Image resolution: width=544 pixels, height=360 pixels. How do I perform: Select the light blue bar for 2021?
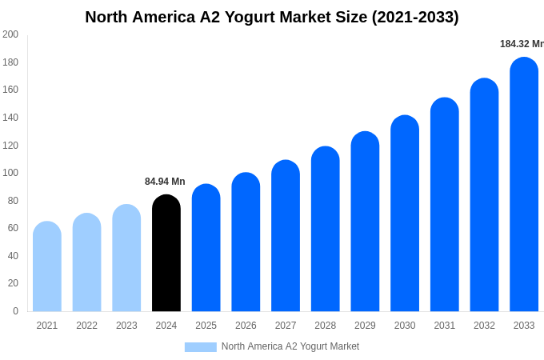[x=47, y=266]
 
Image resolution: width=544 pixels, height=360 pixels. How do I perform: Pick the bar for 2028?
[x=326, y=229]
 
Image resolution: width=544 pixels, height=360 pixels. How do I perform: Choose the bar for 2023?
[x=126, y=258]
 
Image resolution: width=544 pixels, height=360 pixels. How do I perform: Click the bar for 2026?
[x=246, y=242]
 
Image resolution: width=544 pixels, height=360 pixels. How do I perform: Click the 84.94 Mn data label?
[x=165, y=182]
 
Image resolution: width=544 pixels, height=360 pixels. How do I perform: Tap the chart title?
[x=272, y=17]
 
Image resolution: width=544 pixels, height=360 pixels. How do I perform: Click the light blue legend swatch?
[x=200, y=347]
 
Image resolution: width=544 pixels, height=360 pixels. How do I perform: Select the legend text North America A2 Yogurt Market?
[x=290, y=346]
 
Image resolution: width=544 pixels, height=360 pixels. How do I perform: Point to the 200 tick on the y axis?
[x=10, y=34]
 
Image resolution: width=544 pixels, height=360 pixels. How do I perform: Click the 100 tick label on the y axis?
[x=10, y=173]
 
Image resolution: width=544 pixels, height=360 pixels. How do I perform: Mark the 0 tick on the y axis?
[x=15, y=311]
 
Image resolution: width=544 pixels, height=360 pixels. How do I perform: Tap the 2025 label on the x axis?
[x=206, y=326]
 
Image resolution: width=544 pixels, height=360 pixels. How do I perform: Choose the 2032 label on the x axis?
[x=484, y=326]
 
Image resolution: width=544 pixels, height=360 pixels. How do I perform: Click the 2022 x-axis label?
[x=86, y=326]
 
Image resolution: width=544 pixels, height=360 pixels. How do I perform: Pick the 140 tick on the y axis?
[x=10, y=118]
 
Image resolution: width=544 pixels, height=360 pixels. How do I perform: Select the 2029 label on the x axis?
[x=365, y=326]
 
